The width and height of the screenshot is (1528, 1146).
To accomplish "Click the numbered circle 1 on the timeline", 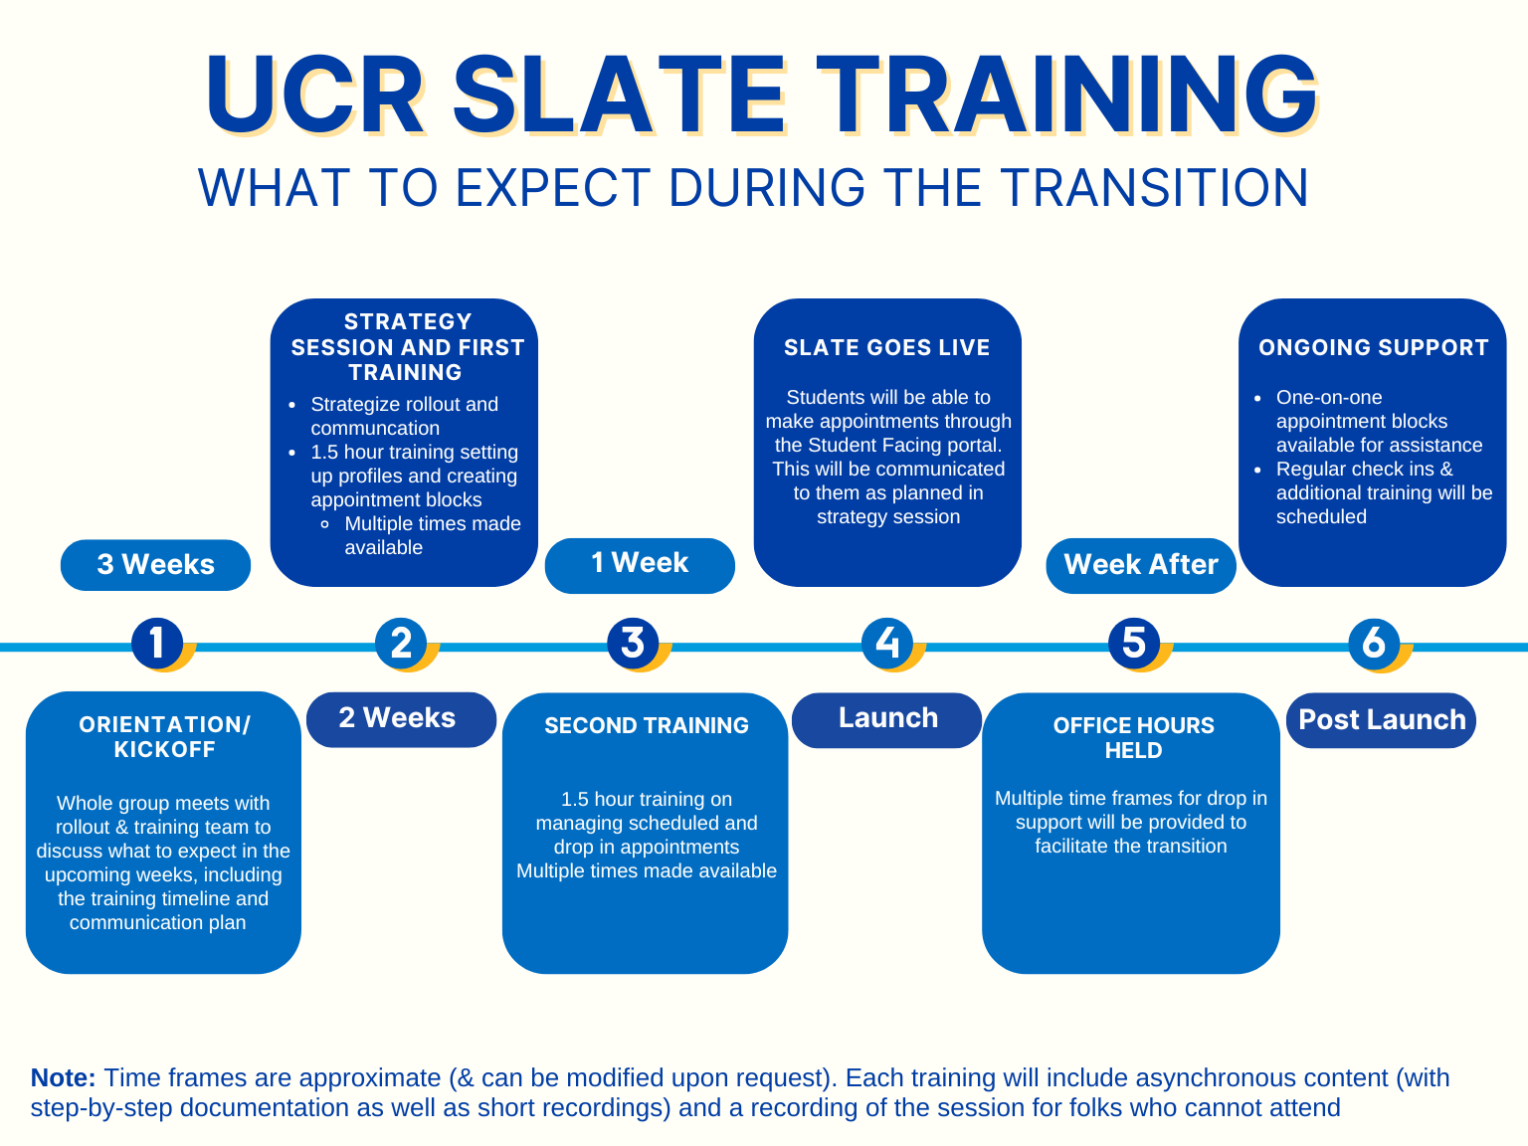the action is [157, 643].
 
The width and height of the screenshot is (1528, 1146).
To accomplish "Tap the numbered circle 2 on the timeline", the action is [401, 643].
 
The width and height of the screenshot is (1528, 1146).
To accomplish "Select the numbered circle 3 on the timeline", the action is [633, 643].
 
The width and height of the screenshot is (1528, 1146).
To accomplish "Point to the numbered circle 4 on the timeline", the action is [887, 643].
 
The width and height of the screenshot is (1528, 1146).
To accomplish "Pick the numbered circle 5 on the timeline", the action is [1134, 643].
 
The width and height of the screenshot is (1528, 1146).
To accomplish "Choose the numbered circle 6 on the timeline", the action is [1374, 643].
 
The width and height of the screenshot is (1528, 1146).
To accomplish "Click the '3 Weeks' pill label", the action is [155, 564].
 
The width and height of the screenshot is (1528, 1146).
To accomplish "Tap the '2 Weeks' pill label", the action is [401, 719].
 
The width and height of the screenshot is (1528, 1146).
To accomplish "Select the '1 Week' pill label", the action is [640, 565].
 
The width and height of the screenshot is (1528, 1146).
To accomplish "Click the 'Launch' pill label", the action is [887, 719].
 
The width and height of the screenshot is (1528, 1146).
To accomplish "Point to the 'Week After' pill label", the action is [1141, 565].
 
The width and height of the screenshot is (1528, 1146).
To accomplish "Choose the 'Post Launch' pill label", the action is [1381, 719].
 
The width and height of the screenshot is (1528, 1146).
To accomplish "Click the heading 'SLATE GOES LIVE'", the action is [887, 347].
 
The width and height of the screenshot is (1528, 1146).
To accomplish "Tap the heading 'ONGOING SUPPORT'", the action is [1374, 347].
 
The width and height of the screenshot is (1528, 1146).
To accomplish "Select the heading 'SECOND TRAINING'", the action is [646, 725].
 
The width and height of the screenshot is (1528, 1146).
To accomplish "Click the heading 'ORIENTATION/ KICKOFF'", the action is [164, 737].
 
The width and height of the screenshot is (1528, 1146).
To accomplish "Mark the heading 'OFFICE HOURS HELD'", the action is [1133, 737].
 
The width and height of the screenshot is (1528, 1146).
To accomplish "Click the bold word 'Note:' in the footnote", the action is [64, 1077].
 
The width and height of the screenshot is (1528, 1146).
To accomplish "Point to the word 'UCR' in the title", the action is [315, 95].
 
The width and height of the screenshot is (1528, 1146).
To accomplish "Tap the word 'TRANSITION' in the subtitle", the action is [1155, 187].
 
